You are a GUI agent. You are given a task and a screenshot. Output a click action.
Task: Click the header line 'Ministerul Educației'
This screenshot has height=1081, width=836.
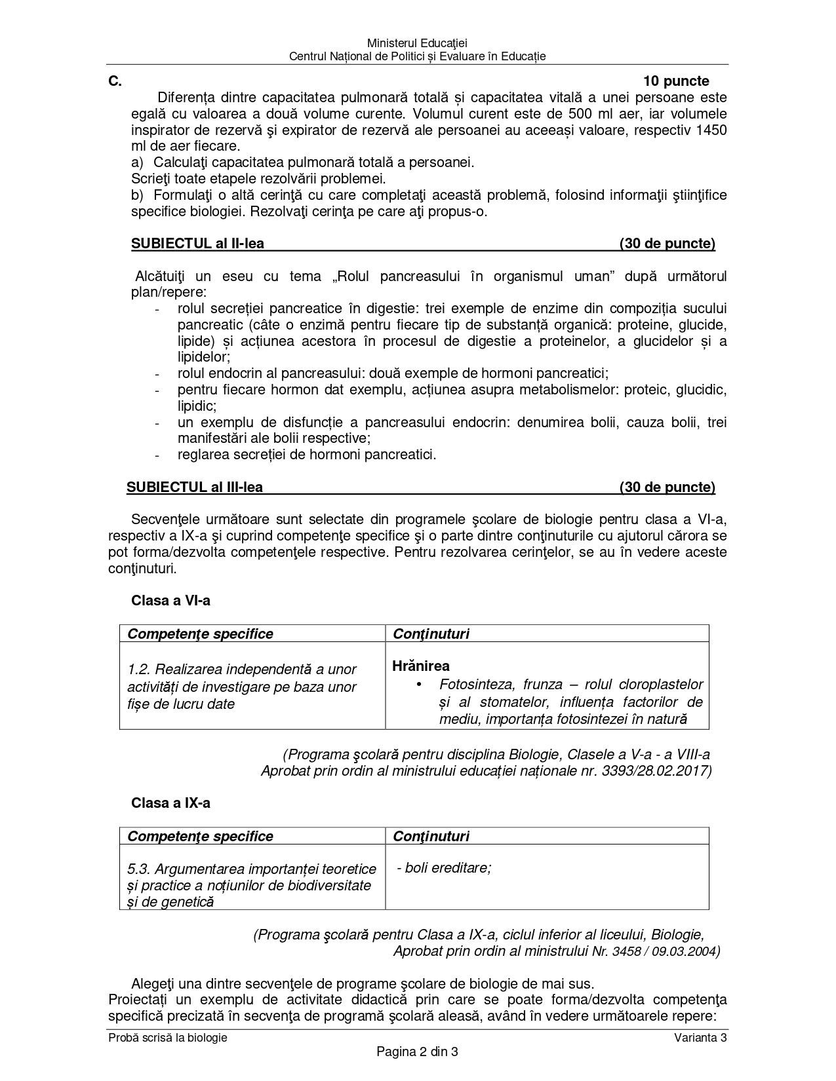(x=417, y=43)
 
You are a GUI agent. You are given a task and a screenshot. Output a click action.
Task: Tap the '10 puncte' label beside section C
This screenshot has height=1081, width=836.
(x=676, y=81)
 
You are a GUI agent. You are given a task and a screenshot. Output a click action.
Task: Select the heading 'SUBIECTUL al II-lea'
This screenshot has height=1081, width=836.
(x=197, y=244)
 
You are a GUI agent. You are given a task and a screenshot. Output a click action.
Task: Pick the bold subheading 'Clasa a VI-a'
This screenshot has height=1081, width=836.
(x=170, y=601)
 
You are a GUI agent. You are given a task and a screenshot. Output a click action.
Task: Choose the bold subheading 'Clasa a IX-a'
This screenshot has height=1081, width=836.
(x=170, y=803)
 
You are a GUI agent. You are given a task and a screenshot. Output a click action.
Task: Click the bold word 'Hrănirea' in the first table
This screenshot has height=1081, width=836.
(x=421, y=666)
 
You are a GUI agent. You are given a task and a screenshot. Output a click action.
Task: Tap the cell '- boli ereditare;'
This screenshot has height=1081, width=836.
(x=444, y=868)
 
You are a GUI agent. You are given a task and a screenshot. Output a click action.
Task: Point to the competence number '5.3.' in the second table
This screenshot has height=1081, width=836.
(x=140, y=869)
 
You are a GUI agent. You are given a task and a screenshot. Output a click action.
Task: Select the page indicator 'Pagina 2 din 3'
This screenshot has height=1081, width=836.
(x=417, y=1052)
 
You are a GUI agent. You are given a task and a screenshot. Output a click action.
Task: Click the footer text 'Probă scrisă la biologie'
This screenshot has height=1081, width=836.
(x=168, y=1038)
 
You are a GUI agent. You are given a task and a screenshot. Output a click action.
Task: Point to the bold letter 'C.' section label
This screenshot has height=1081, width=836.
(x=115, y=81)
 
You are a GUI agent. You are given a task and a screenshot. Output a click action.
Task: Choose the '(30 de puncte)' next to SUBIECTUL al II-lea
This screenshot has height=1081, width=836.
(x=667, y=244)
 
